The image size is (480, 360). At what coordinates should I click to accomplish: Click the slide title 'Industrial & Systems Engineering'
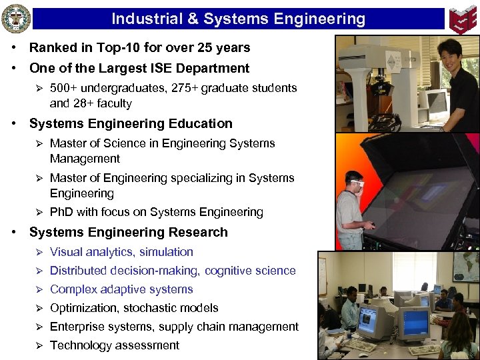point(238,19)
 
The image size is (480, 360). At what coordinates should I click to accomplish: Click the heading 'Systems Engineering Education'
point(131,123)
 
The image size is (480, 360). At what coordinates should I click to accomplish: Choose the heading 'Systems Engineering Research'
point(129,232)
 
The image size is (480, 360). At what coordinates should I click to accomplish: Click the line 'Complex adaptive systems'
point(121,289)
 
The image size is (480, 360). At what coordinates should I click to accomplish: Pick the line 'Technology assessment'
point(115,345)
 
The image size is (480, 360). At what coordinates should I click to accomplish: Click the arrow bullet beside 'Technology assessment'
point(39,345)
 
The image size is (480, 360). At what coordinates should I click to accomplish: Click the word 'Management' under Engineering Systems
point(85,159)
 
